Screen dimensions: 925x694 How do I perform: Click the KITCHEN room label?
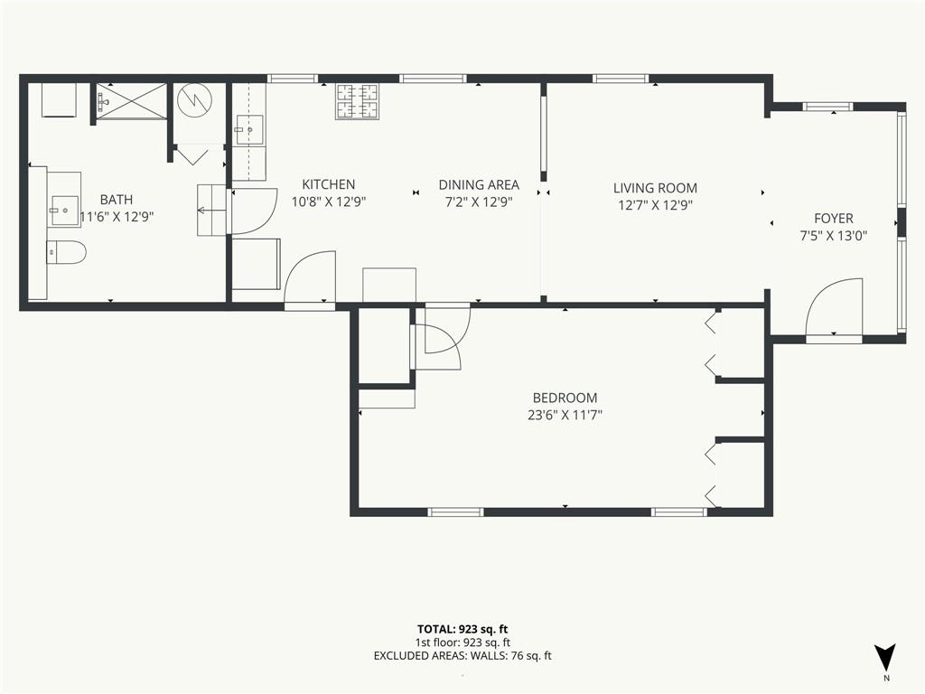pos(329,184)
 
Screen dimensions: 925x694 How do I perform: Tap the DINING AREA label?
pos(479,184)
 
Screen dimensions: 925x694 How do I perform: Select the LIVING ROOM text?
pos(655,188)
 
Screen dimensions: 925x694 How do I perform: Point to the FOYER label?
pos(834,219)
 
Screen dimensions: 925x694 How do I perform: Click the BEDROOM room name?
pos(565,398)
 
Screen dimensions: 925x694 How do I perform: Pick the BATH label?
pos(117,200)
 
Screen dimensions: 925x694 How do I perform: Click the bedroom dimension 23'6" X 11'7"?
pos(565,415)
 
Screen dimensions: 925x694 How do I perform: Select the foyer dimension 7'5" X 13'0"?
pos(834,236)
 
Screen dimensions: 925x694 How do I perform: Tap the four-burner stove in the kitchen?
pos(357,101)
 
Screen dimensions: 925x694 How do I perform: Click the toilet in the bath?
pos(66,253)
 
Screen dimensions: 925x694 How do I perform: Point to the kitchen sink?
pos(249,129)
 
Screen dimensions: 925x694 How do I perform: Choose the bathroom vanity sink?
pos(65,211)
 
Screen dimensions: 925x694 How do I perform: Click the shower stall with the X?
pos(132,101)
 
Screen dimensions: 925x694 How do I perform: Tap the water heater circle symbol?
pos(194,100)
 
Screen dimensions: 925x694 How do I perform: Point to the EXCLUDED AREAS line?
pos(462,656)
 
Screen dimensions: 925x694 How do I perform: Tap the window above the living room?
pos(621,79)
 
